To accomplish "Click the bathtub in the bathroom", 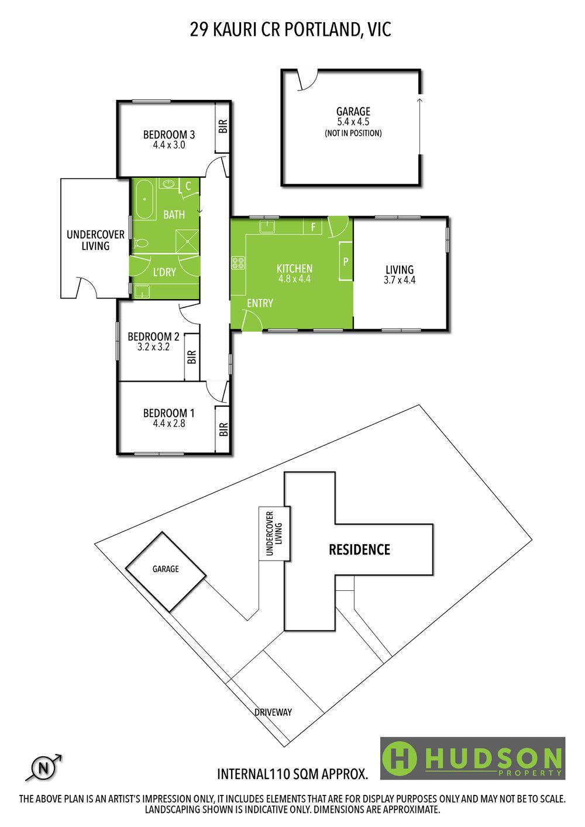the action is [x=144, y=200].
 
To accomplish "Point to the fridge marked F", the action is [x=313, y=226].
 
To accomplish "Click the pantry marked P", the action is [x=346, y=261].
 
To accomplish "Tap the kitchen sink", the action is [x=267, y=226].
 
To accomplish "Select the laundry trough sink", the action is [x=141, y=292].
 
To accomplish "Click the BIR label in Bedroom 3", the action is [x=223, y=127].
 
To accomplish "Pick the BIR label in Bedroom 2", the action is [x=191, y=357].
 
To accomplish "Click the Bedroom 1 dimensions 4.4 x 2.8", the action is [x=169, y=423].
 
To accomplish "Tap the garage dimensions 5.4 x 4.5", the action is [x=353, y=122].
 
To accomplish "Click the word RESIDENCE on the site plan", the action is [x=359, y=550].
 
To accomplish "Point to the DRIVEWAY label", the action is [x=273, y=712].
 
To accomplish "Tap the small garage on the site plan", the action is [x=166, y=572].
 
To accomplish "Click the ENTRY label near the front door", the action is [x=260, y=303].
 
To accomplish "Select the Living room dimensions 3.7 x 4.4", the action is [x=400, y=280].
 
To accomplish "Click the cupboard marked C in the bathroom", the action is [x=188, y=186].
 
